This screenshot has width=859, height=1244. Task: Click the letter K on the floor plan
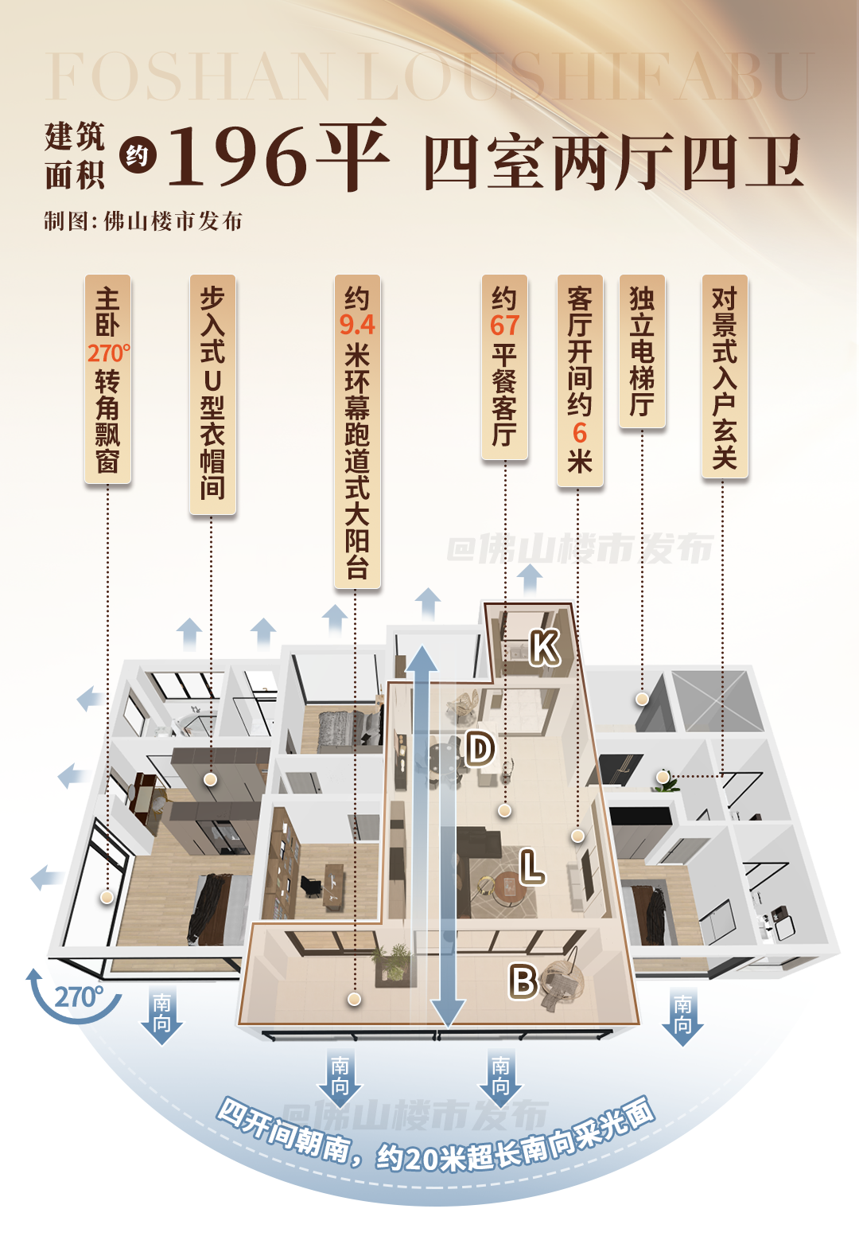pos(545,647)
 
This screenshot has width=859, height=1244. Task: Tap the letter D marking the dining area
pos(480,749)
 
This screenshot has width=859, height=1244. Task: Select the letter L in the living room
pos(531,867)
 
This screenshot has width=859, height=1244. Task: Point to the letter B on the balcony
pos(523,981)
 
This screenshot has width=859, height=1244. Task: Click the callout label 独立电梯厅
pos(642,351)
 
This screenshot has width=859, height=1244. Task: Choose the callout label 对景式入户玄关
pos(725,376)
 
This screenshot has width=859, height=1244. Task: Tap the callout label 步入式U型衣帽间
pos(212,393)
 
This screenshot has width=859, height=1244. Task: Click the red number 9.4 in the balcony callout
pos(357,325)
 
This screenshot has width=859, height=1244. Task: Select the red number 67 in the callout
pos(504,325)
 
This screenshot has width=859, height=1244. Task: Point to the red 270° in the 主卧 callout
pos(109,353)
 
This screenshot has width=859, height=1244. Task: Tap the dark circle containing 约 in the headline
pos(138,156)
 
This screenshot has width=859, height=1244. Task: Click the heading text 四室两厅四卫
pos(612,162)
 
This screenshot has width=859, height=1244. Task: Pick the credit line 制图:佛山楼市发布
pos(143,221)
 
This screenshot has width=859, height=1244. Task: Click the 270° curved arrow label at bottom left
pos(78,996)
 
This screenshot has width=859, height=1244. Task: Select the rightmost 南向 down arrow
pos(682,1017)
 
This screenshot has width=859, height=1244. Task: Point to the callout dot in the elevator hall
pos(642,700)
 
